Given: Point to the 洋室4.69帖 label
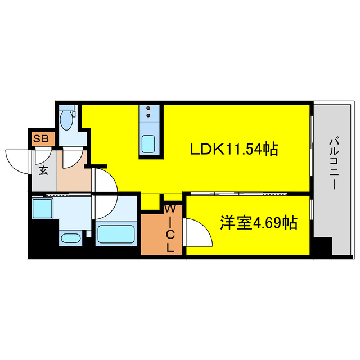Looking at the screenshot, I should [258, 223].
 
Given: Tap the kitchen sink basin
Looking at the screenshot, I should [149, 145].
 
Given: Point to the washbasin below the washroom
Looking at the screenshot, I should [70, 238].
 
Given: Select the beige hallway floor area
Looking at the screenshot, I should [73, 177].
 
